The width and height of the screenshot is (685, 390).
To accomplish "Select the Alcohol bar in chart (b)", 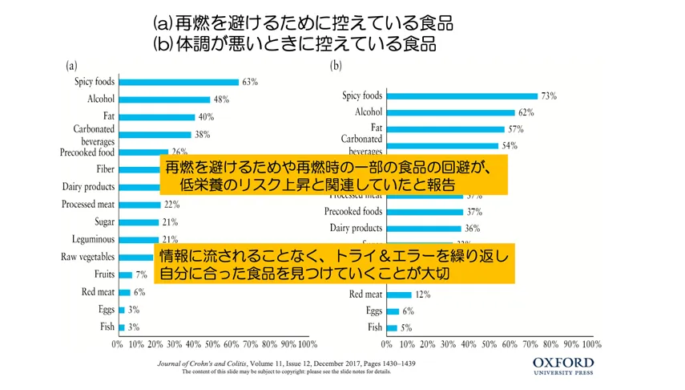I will tap(450, 113).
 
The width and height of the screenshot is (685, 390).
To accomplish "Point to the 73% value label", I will tap(549, 96).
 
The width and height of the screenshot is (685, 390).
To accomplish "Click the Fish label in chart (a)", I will tap(106, 327).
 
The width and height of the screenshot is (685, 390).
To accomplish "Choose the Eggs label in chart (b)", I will tap(374, 311).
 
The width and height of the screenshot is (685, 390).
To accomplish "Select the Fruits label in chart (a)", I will tap(103, 275).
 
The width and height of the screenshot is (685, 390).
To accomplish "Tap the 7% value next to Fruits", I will tap(139, 275).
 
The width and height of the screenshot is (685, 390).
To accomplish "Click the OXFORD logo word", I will tap(564, 364).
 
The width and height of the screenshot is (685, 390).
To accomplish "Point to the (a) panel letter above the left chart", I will tap(71, 66).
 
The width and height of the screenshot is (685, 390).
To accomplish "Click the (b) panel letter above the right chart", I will tap(336, 66).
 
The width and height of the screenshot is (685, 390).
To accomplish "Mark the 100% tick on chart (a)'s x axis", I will tap(307, 343).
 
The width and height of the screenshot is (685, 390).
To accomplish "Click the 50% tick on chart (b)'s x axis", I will tap(489, 343).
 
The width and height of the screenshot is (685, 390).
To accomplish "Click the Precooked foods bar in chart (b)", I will tap(425, 212).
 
